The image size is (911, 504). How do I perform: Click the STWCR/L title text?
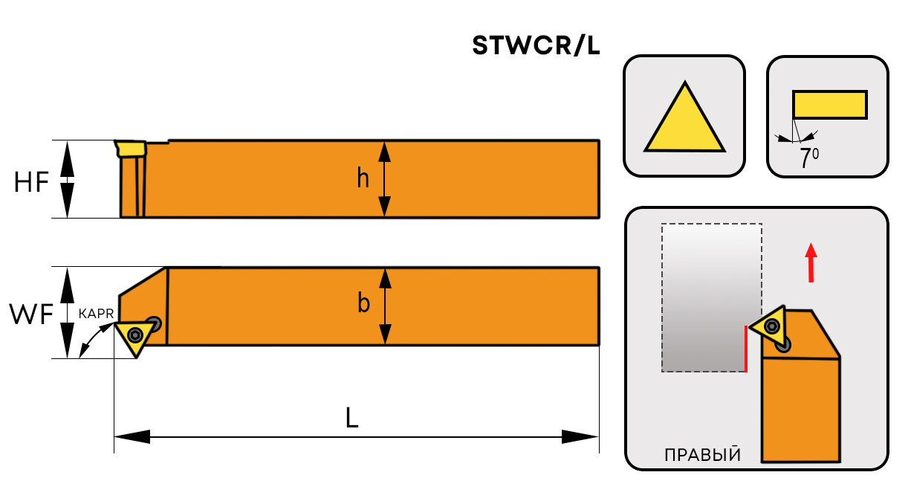coord(536,47)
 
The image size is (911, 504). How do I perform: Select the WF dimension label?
coord(31,314)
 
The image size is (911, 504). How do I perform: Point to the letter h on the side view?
coord(363,179)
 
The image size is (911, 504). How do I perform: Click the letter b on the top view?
coord(363,303)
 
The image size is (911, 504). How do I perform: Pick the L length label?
coord(352,419)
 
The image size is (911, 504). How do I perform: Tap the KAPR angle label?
coord(95,314)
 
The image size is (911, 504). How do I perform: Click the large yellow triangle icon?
coord(684,120)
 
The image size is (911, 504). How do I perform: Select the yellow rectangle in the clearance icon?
coord(829,104)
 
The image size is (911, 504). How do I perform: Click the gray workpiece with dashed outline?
coord(711,297)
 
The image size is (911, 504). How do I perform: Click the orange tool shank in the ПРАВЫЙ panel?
coord(800,409)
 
